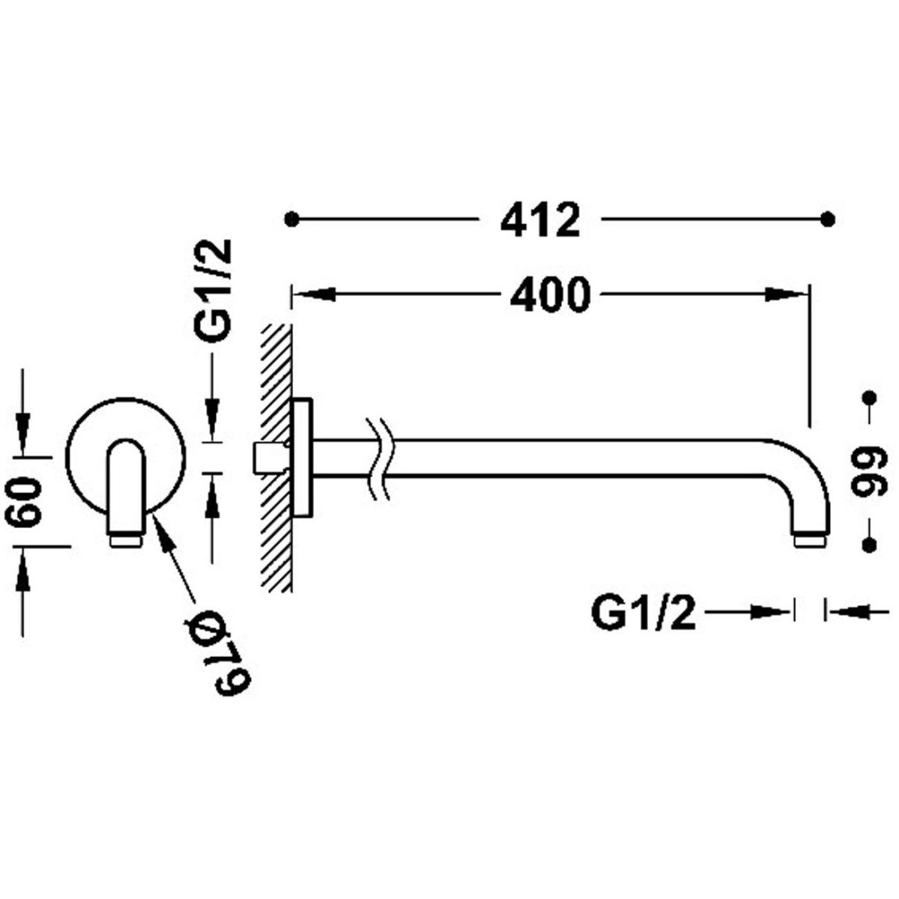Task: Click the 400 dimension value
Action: pyautogui.click(x=550, y=294)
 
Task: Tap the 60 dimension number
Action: pyautogui.click(x=23, y=502)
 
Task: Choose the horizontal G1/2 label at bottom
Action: pyautogui.click(x=644, y=614)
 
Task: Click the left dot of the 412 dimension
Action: pyautogui.click(x=292, y=219)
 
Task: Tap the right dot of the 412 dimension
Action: pyautogui.click(x=828, y=219)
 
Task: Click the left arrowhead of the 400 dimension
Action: pyautogui.click(x=315, y=294)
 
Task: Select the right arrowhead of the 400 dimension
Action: pyautogui.click(x=787, y=294)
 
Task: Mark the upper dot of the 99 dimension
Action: pyautogui.click(x=869, y=399)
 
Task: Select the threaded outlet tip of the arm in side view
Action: pyautogui.click(x=810, y=542)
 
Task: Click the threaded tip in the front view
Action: pyautogui.click(x=126, y=541)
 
